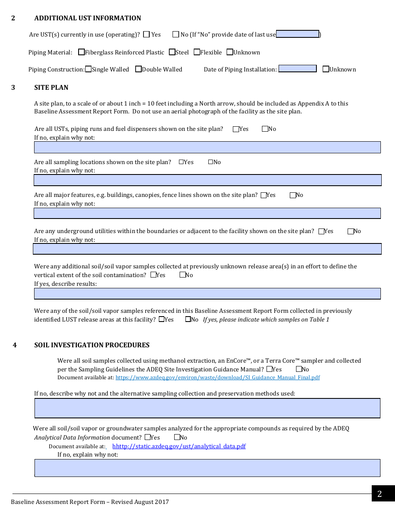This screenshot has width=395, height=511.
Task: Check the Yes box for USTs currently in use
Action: click(146, 35)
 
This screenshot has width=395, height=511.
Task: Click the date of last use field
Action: click(297, 34)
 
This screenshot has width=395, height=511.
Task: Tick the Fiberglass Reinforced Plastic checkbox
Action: click(81, 52)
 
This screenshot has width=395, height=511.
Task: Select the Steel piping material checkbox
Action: click(172, 52)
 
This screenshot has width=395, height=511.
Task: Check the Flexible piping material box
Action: click(197, 52)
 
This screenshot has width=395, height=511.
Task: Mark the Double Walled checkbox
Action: click(138, 69)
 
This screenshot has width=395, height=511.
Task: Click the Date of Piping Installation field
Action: click(297, 69)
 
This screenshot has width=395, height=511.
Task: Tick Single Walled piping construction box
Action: click(88, 69)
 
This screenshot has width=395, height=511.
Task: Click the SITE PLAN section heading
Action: click(51, 88)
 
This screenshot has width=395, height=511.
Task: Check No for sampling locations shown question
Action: click(211, 162)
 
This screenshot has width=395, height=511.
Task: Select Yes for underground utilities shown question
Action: click(321, 231)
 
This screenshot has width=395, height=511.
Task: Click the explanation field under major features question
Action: click(207, 213)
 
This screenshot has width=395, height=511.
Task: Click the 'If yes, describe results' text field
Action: click(207, 294)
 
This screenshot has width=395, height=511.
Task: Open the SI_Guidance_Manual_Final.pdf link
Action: click(217, 378)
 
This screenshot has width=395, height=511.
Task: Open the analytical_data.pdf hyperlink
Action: click(179, 447)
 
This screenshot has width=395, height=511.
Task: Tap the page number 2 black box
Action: click(379, 494)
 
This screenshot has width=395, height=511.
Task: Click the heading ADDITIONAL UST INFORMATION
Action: click(88, 18)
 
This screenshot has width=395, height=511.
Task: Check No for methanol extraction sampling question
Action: click(299, 369)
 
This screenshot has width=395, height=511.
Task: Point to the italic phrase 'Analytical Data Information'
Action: click(72, 437)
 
